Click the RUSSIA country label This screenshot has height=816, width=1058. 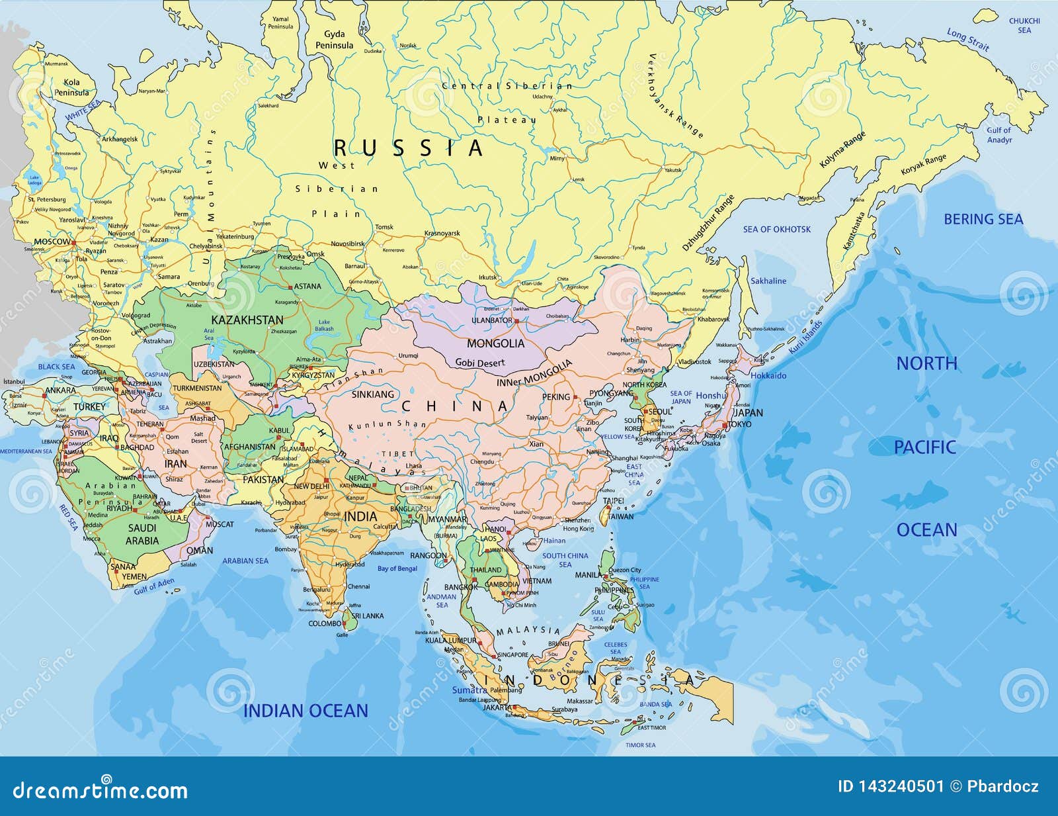point(408,148)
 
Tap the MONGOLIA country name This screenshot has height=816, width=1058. point(495,343)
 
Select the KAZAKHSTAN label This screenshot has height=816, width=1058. point(247,320)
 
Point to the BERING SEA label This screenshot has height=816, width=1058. point(983,219)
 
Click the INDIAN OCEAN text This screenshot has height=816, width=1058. point(305,711)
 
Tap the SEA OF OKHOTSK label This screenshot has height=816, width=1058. point(776,230)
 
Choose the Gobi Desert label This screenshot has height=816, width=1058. point(479,363)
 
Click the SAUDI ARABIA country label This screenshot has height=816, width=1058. point(142,534)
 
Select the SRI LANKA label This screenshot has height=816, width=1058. point(368,615)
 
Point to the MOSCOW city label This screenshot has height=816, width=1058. point(52,242)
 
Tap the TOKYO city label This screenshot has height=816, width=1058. point(739,424)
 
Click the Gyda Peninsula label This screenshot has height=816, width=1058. point(334,40)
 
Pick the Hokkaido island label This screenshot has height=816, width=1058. point(768,375)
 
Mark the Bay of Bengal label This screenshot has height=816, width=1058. point(397,568)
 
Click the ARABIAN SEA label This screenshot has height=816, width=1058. point(245,561)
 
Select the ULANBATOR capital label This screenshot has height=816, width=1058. point(492,320)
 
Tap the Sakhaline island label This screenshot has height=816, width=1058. point(768,281)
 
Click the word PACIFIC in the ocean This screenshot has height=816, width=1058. point(924,447)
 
